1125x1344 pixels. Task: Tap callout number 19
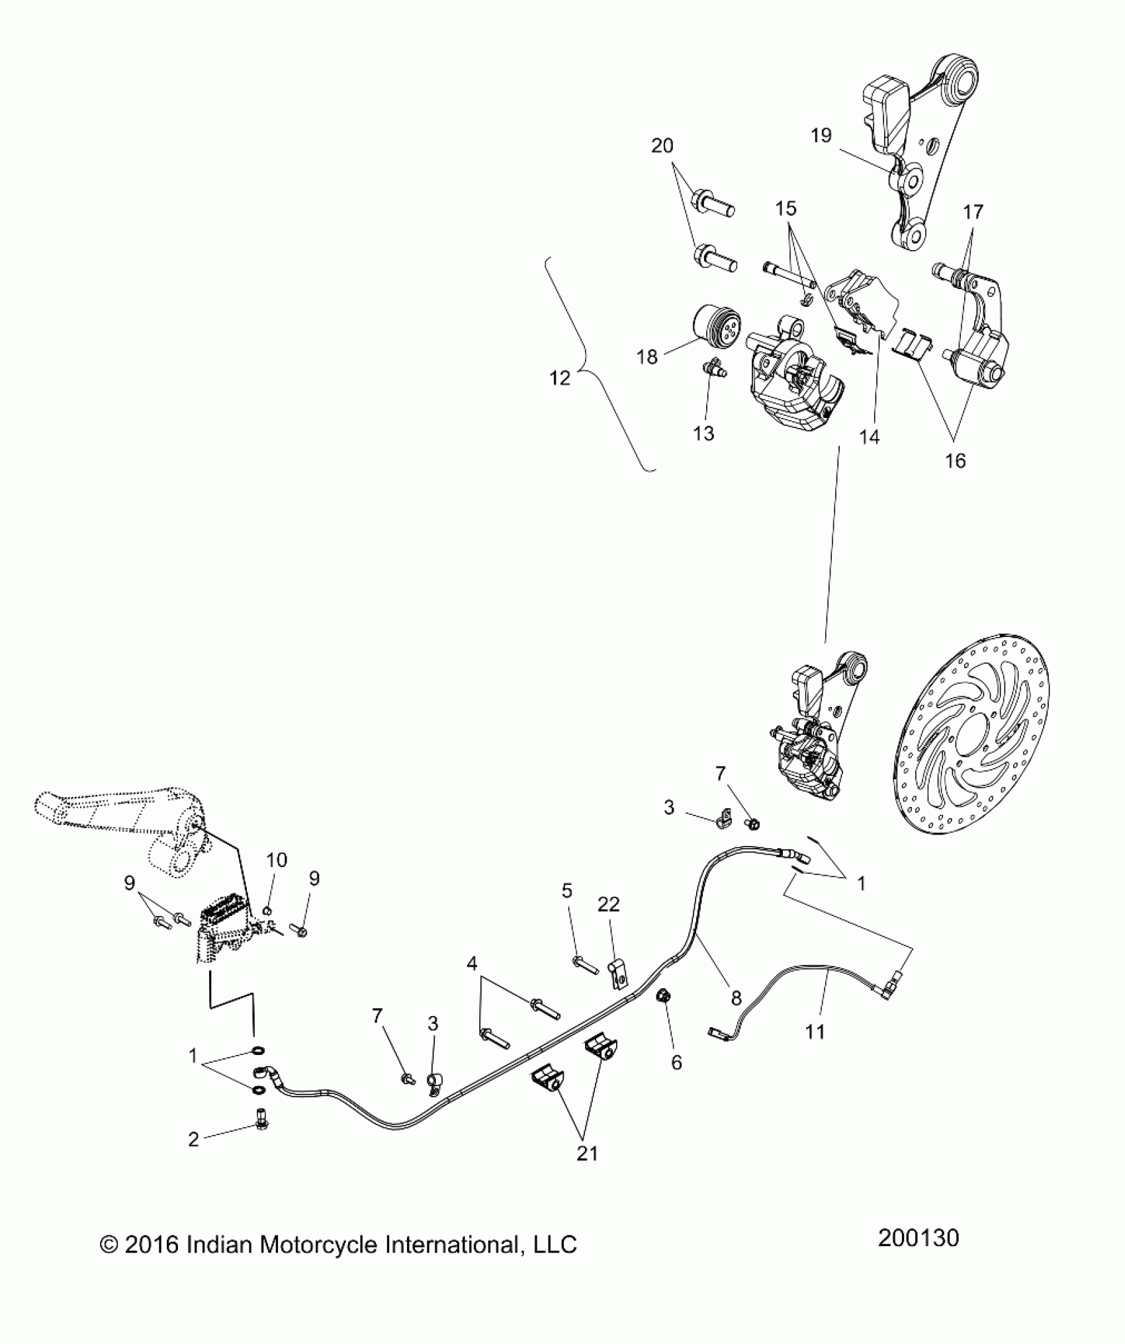click(821, 136)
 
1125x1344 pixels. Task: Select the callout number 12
click(560, 378)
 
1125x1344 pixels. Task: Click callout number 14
click(870, 437)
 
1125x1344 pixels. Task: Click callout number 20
click(662, 146)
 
